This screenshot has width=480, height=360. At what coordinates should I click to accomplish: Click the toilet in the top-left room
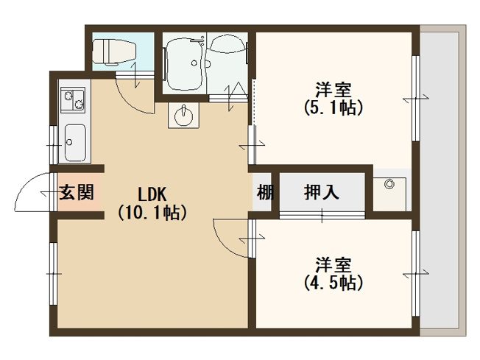click(x=114, y=51)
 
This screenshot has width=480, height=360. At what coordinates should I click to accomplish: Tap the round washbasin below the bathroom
click(x=184, y=116)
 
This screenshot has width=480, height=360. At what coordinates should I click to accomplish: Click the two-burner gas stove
click(x=73, y=98)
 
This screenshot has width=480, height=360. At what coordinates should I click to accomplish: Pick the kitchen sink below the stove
click(x=75, y=141)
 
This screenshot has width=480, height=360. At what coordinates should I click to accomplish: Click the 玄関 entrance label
click(x=76, y=193)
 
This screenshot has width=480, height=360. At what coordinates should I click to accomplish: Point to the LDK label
click(x=152, y=194)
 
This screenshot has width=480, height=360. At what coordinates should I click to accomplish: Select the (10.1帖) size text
click(x=152, y=213)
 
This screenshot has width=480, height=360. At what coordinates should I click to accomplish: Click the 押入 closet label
click(x=322, y=193)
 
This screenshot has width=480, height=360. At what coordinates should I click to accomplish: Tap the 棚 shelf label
click(x=265, y=193)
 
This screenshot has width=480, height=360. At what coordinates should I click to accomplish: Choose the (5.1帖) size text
click(x=332, y=108)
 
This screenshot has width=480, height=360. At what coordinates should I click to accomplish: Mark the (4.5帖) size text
click(x=333, y=282)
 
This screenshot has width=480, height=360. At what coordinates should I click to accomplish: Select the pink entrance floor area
click(x=76, y=200)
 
